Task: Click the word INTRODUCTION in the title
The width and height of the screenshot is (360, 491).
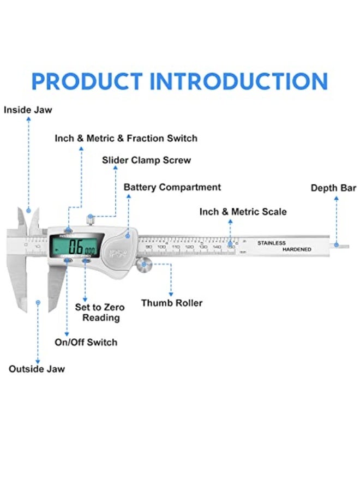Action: [239, 81]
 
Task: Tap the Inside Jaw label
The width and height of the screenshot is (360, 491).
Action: [28, 110]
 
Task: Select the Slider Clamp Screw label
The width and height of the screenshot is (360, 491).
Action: [147, 160]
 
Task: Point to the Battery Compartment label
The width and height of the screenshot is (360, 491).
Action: [172, 187]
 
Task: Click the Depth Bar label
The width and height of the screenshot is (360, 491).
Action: [333, 188]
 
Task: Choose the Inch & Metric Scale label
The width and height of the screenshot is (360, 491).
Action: [243, 212]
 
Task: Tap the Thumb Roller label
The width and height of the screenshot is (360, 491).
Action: [172, 303]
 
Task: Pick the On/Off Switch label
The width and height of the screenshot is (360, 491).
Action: [86, 342]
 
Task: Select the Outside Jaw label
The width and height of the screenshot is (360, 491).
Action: [37, 369]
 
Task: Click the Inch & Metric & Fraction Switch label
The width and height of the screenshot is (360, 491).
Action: [126, 139]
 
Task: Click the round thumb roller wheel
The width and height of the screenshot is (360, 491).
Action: [145, 265]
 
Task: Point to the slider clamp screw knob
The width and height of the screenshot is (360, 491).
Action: [91, 220]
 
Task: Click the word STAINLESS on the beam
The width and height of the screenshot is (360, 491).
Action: [272, 243]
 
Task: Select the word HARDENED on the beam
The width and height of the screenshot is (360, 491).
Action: [297, 249]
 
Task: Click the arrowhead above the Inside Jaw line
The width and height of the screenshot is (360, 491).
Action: [28, 119]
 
